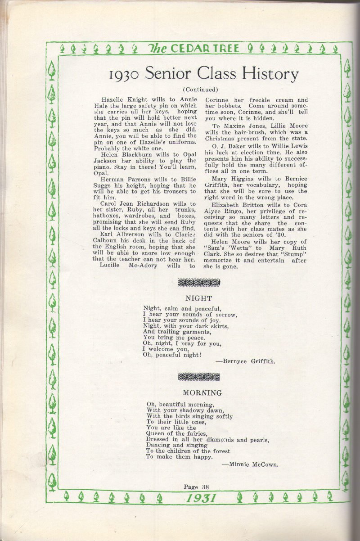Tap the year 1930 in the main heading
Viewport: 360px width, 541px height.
pyautogui.click(x=120, y=74)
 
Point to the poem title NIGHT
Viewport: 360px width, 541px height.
pyautogui.click(x=198, y=298)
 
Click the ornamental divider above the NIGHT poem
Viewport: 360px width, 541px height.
pyautogui.click(x=199, y=283)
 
